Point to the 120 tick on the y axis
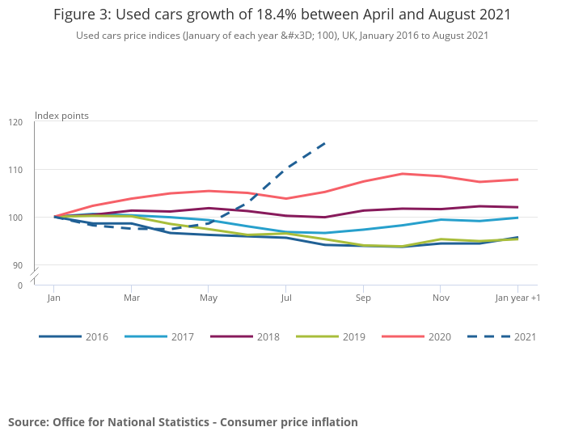pos(15,122)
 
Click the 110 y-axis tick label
pos(15,170)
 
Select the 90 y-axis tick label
pos(17,265)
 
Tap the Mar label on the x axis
pos(131,298)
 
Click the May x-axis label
pos(209,298)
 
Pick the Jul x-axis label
pos(285,298)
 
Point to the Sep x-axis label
pos(363,298)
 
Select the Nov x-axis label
pos(440,298)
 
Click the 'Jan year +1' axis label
pos(517,298)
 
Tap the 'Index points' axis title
pos(61,116)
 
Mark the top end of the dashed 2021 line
pos(324,144)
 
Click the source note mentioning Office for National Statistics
pos(183,422)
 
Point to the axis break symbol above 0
pos(35,277)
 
